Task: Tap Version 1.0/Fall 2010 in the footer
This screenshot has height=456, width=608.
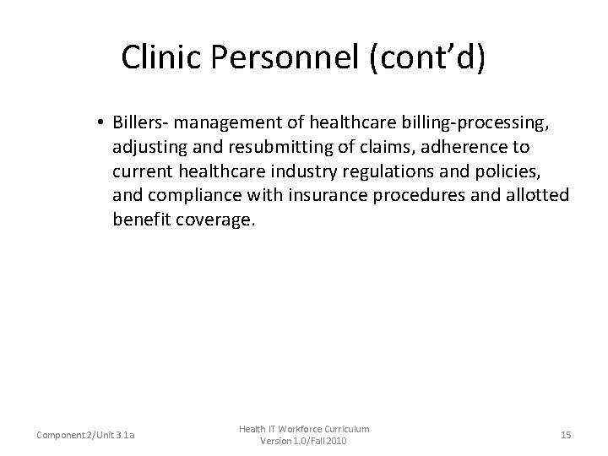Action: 304,442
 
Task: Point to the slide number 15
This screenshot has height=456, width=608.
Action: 566,435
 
